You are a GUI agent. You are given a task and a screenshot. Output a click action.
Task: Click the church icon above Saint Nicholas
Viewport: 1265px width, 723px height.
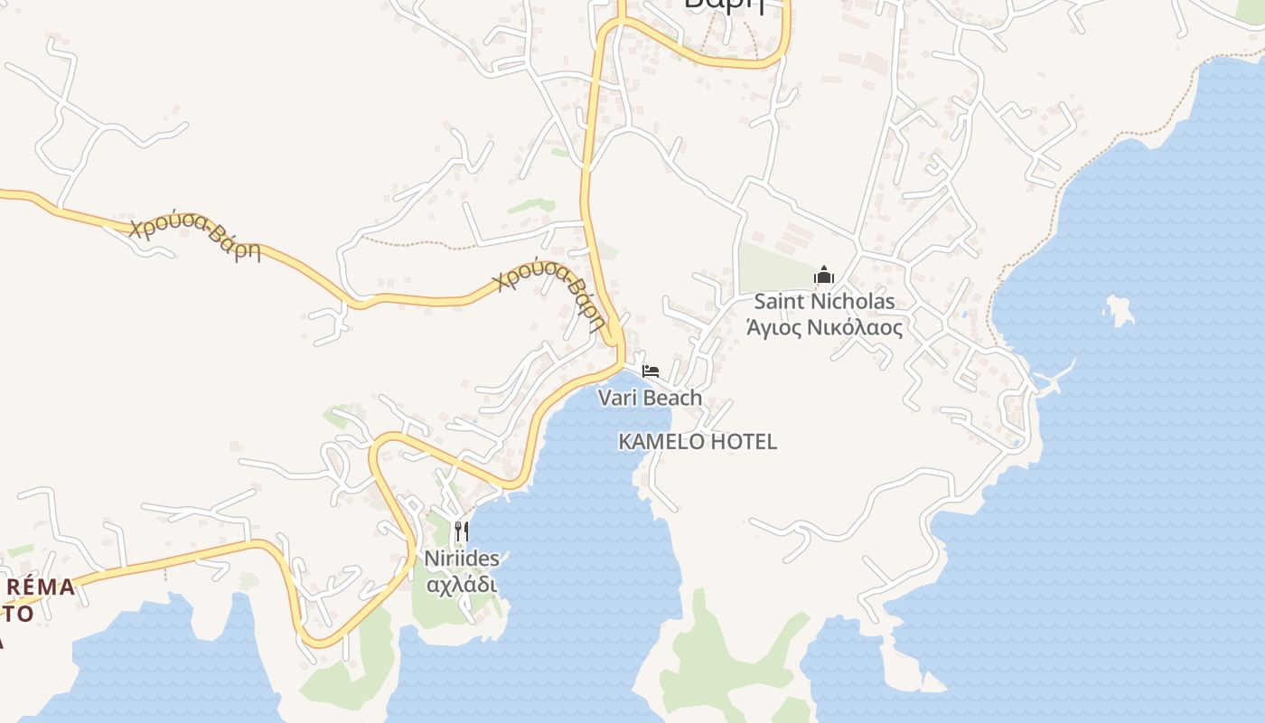pyautogui.click(x=823, y=274)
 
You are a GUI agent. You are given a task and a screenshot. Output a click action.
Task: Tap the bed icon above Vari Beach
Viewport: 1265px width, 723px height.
pyautogui.click(x=651, y=371)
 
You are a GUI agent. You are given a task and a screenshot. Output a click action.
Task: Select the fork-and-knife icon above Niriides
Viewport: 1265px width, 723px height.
pyautogui.click(x=462, y=531)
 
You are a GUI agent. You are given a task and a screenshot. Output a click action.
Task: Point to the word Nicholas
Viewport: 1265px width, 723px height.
pyautogui.click(x=855, y=302)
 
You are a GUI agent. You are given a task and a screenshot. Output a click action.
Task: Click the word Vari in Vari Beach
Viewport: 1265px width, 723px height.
pyautogui.click(x=617, y=398)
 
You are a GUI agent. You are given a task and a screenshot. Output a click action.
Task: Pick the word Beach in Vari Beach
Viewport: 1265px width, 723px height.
pyautogui.click(x=672, y=398)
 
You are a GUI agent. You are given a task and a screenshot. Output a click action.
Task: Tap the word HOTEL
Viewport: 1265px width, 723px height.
pyautogui.click(x=744, y=442)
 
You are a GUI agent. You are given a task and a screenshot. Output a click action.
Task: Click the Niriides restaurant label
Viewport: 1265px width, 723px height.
pyautogui.click(x=462, y=559)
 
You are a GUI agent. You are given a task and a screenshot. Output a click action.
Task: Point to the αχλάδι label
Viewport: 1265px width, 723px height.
pyautogui.click(x=462, y=584)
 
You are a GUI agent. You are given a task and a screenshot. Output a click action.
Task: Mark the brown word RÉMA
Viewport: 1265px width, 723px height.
pyautogui.click(x=41, y=588)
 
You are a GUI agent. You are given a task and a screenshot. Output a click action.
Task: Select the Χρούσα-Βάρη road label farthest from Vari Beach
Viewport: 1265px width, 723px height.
pyautogui.click(x=194, y=238)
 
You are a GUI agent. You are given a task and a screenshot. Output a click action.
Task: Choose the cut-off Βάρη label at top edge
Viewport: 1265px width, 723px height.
pyautogui.click(x=724, y=5)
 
